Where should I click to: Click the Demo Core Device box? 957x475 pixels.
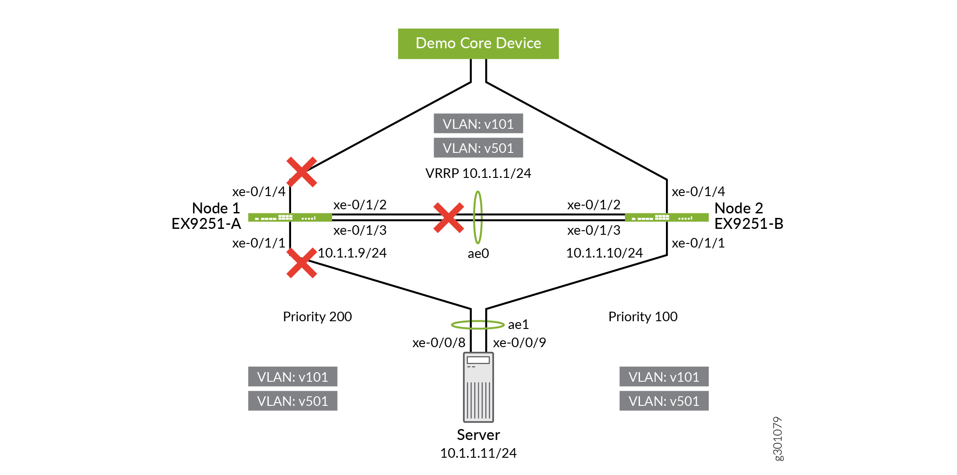(478, 44)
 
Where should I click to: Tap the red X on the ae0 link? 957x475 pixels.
(449, 217)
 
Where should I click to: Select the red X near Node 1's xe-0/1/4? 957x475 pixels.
(302, 172)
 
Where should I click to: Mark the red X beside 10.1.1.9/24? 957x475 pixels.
(302, 263)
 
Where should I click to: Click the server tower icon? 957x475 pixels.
(478, 387)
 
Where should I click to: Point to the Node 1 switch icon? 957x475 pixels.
(290, 217)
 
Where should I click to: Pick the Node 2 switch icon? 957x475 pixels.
(666, 217)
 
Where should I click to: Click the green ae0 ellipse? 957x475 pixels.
(477, 217)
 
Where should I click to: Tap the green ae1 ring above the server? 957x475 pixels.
(477, 324)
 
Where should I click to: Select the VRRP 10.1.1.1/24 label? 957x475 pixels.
(478, 173)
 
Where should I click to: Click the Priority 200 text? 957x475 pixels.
(317, 317)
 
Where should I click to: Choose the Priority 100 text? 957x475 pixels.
(643, 317)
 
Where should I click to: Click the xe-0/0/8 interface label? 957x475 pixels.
(439, 343)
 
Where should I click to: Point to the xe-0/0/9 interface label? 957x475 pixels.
(519, 343)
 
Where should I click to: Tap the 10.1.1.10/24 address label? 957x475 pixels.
(604, 253)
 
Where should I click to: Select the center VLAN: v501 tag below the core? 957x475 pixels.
(478, 148)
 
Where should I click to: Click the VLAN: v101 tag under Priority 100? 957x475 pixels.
(664, 377)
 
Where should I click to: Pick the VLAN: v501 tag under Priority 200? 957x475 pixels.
(292, 401)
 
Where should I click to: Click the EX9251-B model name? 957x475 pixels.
(748, 224)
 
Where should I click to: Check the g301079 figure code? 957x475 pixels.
(778, 439)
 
